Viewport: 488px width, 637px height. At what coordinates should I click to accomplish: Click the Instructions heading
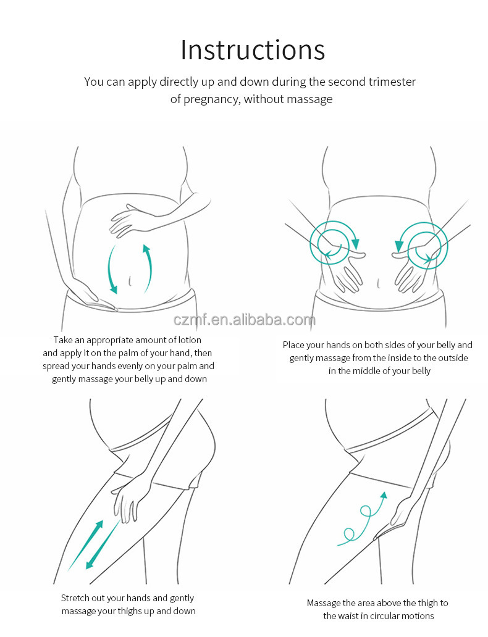coord(253,50)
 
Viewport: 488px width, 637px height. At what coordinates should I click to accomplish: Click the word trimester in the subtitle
coord(392,82)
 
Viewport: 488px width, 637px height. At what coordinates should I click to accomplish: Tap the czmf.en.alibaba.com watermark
coord(245,320)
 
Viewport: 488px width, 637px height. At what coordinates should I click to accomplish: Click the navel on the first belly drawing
coord(130,280)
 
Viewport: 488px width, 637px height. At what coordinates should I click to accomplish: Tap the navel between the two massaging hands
coord(378,283)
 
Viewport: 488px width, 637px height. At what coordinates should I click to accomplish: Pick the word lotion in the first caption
coord(188,340)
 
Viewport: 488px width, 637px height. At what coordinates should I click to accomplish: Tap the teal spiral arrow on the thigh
coord(361,519)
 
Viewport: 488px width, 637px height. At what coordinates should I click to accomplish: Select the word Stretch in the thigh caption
coord(75,598)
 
